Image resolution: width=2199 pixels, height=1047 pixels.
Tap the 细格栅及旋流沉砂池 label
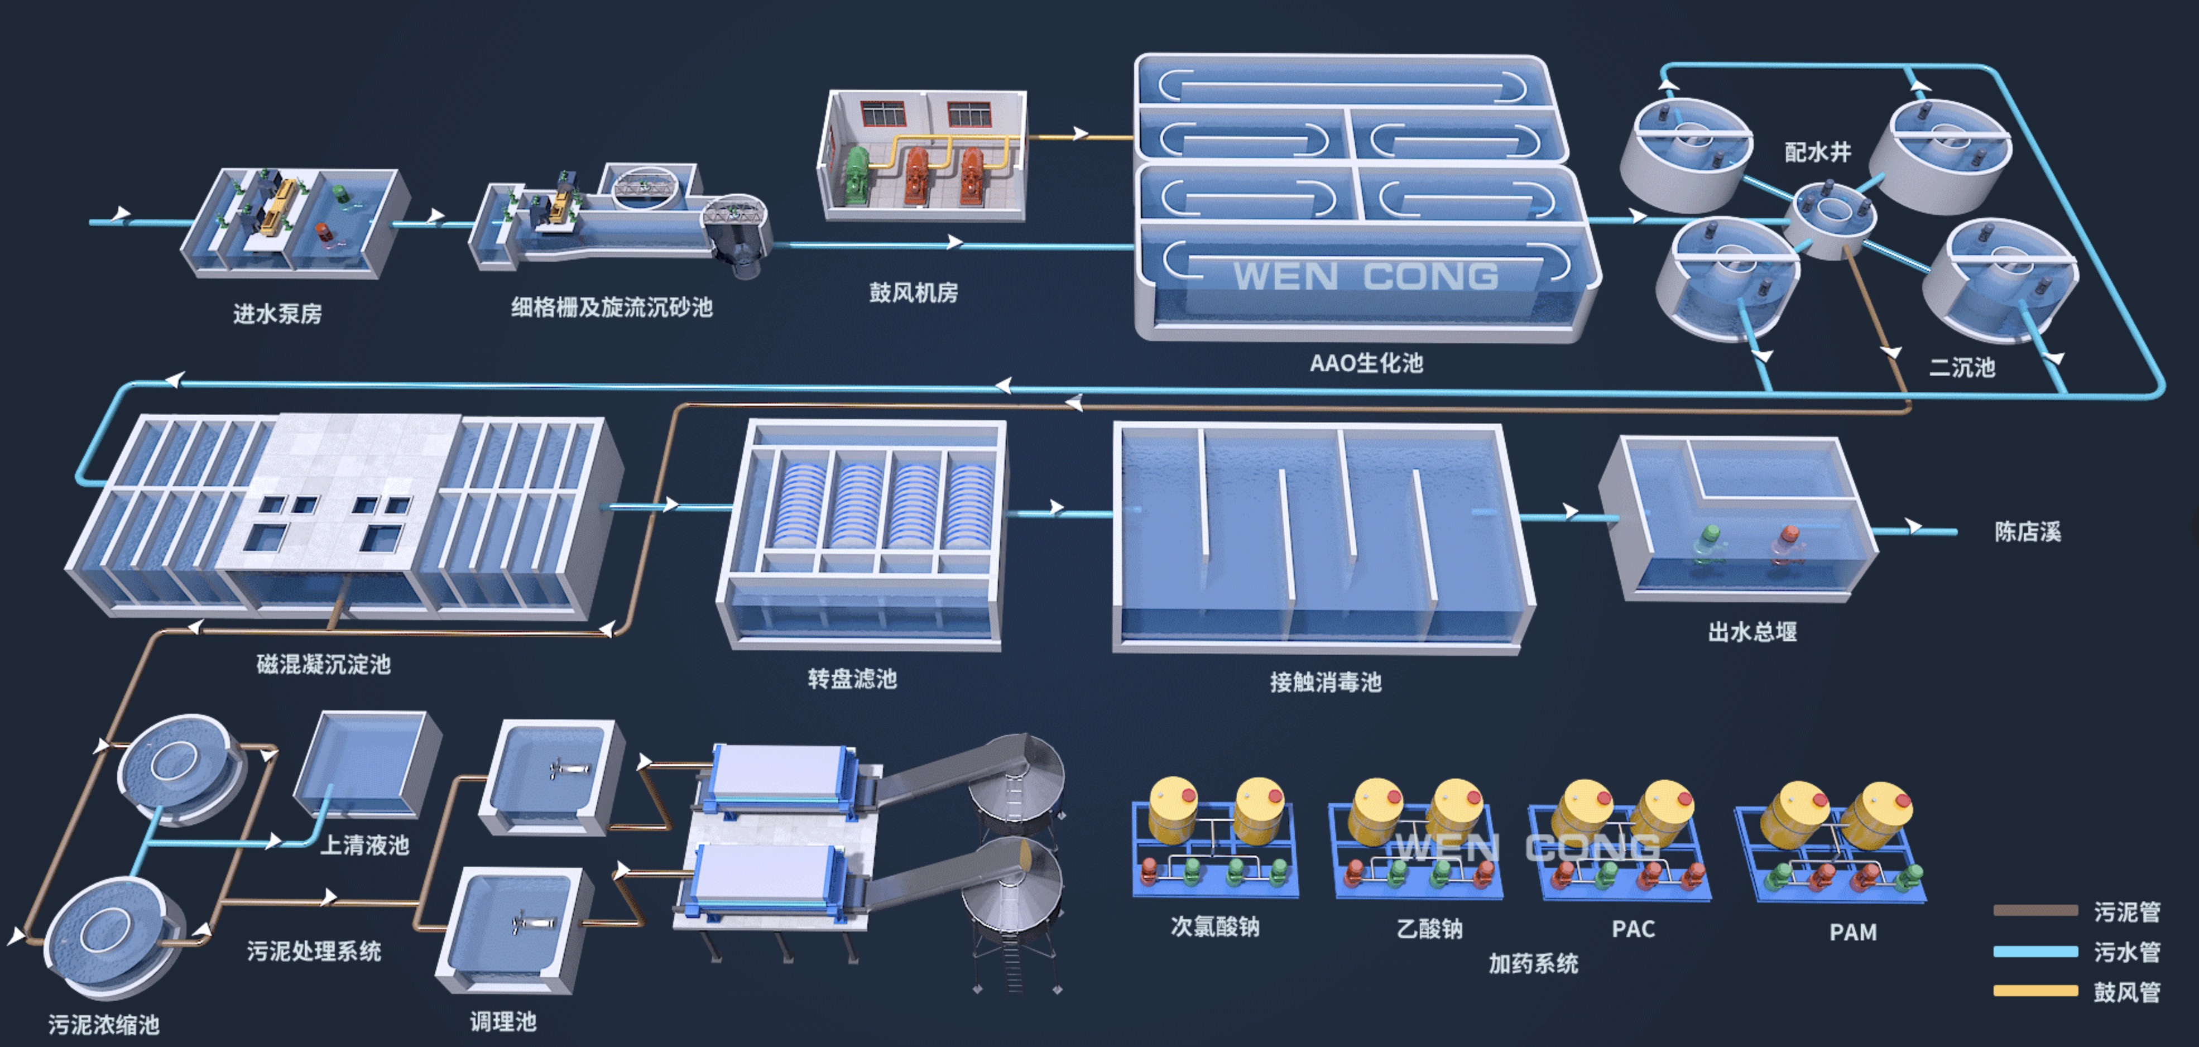[611, 306]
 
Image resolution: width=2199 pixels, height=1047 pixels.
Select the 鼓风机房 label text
[914, 292]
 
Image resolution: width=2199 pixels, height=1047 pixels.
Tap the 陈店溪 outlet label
[2028, 532]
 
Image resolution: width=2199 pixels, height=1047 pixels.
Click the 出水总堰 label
[1752, 631]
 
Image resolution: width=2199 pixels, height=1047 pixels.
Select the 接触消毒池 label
[1325, 682]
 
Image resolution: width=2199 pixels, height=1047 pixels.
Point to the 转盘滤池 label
[852, 679]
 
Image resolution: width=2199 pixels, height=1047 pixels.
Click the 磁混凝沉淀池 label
[324, 664]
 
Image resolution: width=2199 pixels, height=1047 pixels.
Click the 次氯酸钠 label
[1214, 926]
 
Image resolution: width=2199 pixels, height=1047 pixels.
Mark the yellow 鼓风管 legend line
[2035, 991]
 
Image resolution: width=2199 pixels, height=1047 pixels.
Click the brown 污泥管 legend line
[2035, 910]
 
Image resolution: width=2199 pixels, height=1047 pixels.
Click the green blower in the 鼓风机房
[856, 176]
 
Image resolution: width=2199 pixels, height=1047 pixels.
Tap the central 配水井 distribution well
[1830, 218]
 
